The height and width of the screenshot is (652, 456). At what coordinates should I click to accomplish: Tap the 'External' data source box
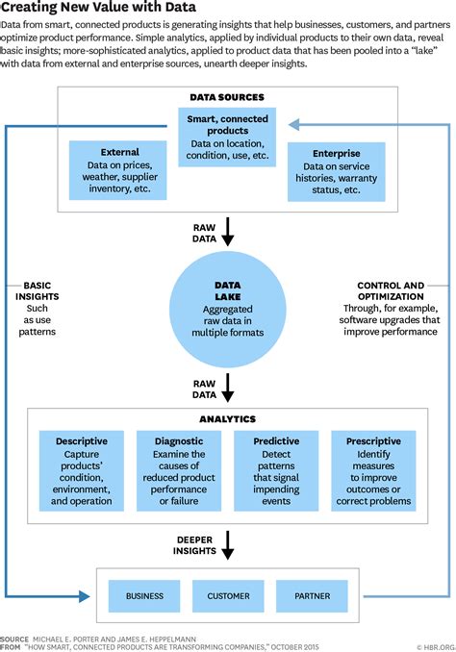click(x=120, y=170)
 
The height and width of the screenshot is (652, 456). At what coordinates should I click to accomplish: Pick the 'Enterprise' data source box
click(x=336, y=171)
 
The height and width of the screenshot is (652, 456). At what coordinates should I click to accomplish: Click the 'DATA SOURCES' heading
click(x=227, y=97)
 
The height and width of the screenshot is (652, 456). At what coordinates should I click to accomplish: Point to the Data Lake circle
click(x=227, y=307)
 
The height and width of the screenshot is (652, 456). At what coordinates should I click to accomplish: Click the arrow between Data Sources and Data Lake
click(x=227, y=231)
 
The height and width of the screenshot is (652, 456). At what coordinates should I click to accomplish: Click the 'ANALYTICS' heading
click(x=227, y=419)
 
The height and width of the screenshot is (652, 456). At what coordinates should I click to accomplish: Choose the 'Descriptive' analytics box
click(x=82, y=470)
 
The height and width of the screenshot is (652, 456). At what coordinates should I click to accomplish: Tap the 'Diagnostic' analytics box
click(x=178, y=470)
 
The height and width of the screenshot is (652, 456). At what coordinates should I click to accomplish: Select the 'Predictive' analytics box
click(x=276, y=470)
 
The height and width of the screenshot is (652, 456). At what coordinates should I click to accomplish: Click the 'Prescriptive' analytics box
click(x=372, y=470)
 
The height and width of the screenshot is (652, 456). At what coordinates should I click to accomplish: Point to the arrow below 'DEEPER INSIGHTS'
click(x=227, y=548)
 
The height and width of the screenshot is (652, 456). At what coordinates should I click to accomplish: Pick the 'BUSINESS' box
click(x=143, y=596)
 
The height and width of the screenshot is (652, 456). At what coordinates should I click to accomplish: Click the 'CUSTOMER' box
click(x=228, y=596)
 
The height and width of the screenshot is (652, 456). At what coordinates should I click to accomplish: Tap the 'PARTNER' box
click(x=312, y=596)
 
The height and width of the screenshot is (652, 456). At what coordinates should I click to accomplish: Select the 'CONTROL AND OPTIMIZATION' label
click(x=391, y=291)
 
